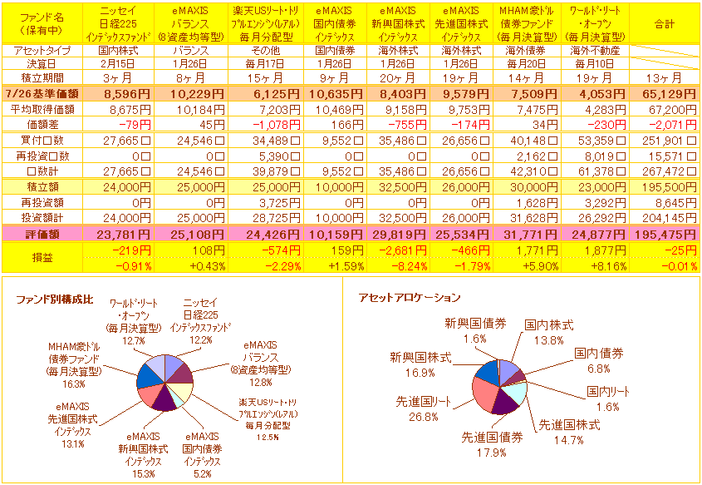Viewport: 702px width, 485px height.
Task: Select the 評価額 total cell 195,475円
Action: point(664,235)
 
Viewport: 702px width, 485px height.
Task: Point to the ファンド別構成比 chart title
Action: point(53,298)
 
